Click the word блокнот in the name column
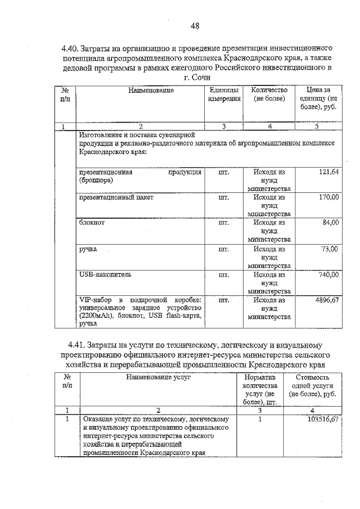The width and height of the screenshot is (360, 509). pos(92,223)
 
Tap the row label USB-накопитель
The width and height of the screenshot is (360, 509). pos(105,274)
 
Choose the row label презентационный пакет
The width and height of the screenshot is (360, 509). pos(116,197)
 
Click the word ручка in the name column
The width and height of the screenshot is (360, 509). pos(88,249)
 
